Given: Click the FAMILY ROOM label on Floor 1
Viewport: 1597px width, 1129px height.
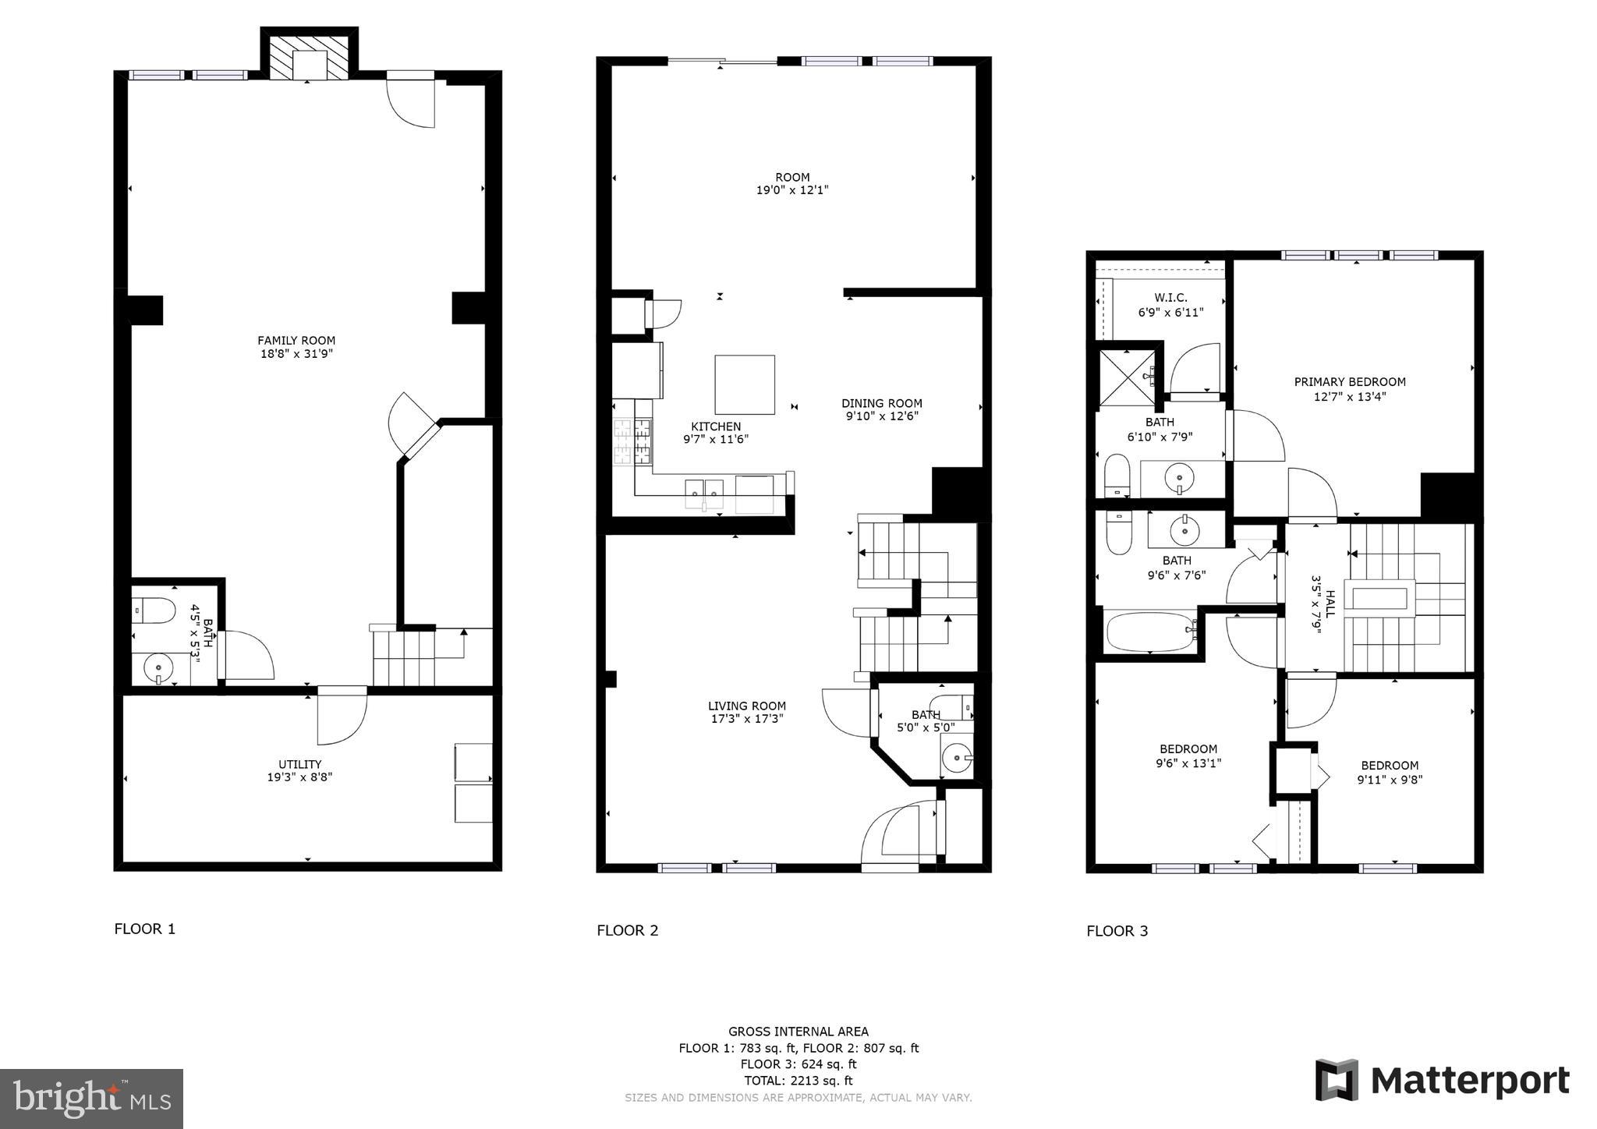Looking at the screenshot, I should (296, 341).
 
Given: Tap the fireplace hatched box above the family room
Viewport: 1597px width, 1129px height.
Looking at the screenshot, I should (309, 55).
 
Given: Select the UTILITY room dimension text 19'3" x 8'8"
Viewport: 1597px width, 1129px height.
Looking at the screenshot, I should (299, 777).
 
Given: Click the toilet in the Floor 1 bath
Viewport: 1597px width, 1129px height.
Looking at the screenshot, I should (153, 611).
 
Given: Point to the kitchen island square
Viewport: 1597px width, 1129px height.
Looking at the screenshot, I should (745, 384).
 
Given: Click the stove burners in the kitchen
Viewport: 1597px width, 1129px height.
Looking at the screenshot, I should (632, 442).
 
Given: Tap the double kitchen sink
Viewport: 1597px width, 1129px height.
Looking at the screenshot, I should (704, 493).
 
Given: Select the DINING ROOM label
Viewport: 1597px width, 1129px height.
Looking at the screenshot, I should (881, 403).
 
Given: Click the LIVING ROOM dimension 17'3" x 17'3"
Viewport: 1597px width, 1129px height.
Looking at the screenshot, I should (746, 719).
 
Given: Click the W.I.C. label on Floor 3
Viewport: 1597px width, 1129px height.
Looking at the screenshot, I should (1170, 298).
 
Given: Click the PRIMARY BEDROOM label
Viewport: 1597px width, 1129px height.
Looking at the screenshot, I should (1350, 382).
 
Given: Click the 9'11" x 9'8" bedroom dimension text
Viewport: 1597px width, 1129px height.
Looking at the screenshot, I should (1390, 779).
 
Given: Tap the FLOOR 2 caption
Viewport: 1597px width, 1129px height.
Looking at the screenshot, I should (628, 930).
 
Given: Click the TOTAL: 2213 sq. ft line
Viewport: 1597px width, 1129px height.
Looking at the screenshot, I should (798, 1081).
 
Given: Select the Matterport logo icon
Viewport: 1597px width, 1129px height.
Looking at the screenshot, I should (1337, 1080).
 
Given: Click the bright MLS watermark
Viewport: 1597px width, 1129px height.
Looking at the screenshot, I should (92, 1099).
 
